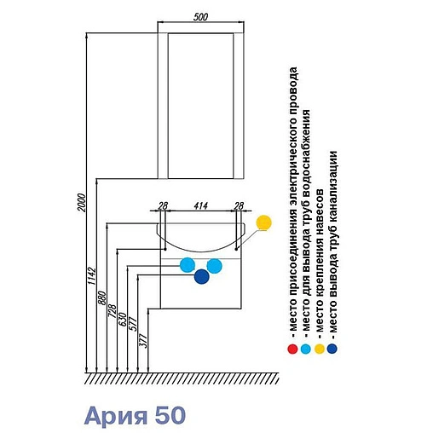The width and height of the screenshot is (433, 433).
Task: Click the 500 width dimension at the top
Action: [x=200, y=17]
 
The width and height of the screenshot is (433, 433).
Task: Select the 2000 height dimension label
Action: [x=81, y=203]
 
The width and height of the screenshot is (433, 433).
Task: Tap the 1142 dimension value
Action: [x=92, y=275]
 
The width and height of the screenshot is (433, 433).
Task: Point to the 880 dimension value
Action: [x=101, y=298]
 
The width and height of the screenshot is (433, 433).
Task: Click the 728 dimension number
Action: [x=113, y=311]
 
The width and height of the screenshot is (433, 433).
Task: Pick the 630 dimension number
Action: [x=123, y=320]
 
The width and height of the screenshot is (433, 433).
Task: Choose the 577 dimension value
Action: [x=133, y=324]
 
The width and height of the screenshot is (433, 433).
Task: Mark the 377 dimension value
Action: [x=143, y=341]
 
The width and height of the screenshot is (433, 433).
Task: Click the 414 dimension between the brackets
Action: [x=200, y=205]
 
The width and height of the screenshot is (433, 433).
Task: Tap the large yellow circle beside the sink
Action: [x=263, y=222]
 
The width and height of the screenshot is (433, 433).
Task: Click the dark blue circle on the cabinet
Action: [x=202, y=276]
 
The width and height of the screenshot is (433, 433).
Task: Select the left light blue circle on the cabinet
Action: [x=188, y=265]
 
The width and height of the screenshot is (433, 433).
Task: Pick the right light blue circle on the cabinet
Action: [x=214, y=266]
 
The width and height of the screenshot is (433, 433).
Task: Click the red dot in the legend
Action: [x=292, y=349]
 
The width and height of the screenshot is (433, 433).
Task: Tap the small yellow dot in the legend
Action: [x=320, y=349]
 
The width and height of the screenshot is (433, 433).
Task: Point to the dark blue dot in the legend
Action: [x=332, y=349]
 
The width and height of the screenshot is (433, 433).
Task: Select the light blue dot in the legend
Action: [x=306, y=349]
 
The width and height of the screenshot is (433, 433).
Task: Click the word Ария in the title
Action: [x=116, y=416]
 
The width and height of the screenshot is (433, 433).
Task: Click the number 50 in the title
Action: [x=170, y=415]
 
